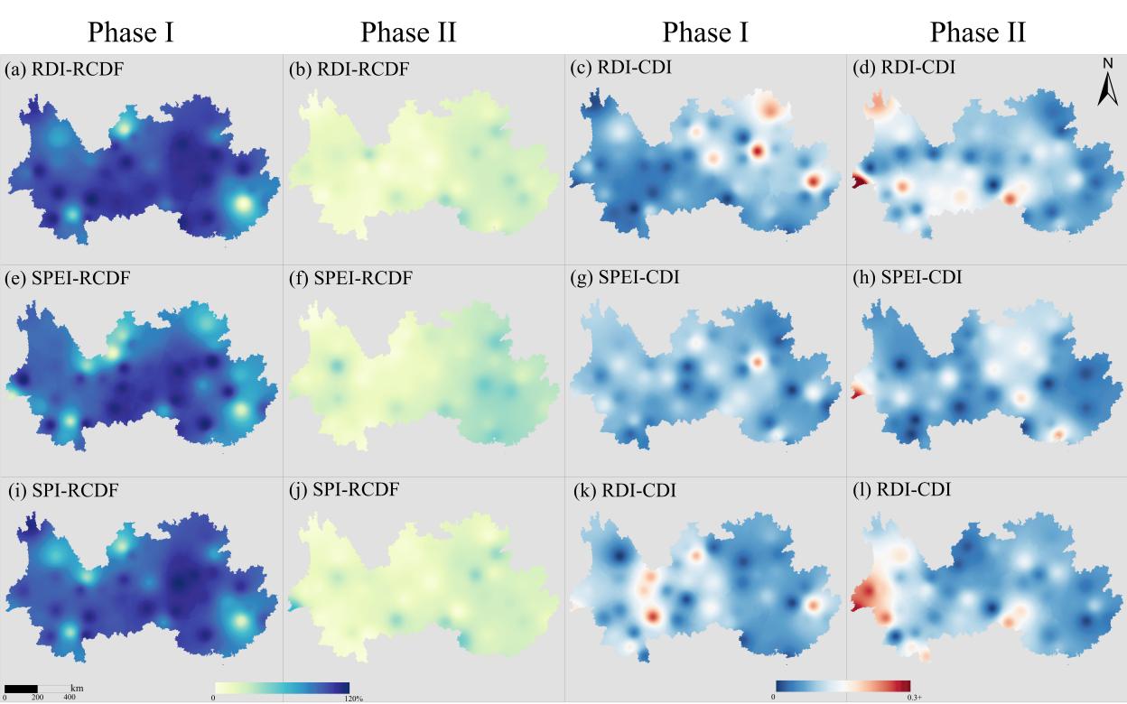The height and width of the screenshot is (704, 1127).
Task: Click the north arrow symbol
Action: (1107, 83)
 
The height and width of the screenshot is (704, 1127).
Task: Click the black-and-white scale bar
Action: (36, 689)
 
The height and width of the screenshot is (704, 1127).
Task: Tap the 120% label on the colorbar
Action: (352, 698)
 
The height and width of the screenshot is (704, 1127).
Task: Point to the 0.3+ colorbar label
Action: (914, 698)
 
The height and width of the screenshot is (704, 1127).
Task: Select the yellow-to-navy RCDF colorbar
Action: (282, 687)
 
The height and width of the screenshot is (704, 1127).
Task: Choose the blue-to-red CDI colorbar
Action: (843, 685)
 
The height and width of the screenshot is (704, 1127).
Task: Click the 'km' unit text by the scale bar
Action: (77, 688)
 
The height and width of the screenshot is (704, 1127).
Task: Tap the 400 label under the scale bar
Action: (70, 698)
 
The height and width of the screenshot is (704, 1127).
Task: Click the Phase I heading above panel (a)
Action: (131, 32)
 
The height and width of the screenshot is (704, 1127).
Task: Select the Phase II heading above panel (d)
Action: (978, 32)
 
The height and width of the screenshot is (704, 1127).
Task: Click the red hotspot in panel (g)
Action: (757, 362)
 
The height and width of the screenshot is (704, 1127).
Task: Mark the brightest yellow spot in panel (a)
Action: (242, 204)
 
